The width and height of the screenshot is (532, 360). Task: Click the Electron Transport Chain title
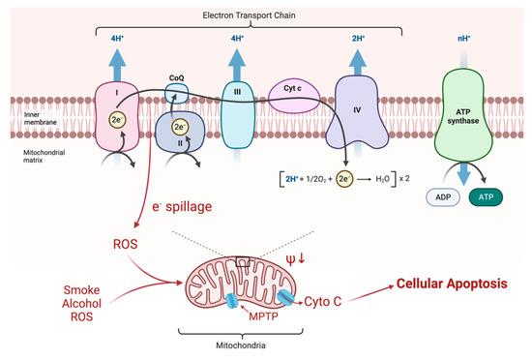coord(249,15)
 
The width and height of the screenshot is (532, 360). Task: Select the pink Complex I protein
coord(117,116)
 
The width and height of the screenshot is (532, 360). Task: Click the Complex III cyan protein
coord(238,115)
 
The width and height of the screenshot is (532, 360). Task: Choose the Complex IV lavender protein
coord(357,112)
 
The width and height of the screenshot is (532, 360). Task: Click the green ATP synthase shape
coord(463,115)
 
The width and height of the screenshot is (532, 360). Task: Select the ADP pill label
coord(443,197)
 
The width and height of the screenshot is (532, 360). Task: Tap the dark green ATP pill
coord(486,197)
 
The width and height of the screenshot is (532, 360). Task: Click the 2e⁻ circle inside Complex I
coord(117,120)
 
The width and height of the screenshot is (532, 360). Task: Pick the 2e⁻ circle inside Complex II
coord(180,127)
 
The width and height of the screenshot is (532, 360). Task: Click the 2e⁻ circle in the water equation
coord(344,179)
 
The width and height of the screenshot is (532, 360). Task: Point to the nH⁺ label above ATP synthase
coord(463,39)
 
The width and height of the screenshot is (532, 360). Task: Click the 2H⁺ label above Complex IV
coord(358,39)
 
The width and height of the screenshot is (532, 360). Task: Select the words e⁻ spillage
coord(182,207)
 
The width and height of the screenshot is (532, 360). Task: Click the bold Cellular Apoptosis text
coord(452,284)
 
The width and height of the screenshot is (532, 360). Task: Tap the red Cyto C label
coord(323,301)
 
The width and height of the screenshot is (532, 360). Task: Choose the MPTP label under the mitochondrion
coord(263,316)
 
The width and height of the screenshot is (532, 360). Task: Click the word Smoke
coord(82,290)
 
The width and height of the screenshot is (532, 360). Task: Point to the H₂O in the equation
coord(382,179)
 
